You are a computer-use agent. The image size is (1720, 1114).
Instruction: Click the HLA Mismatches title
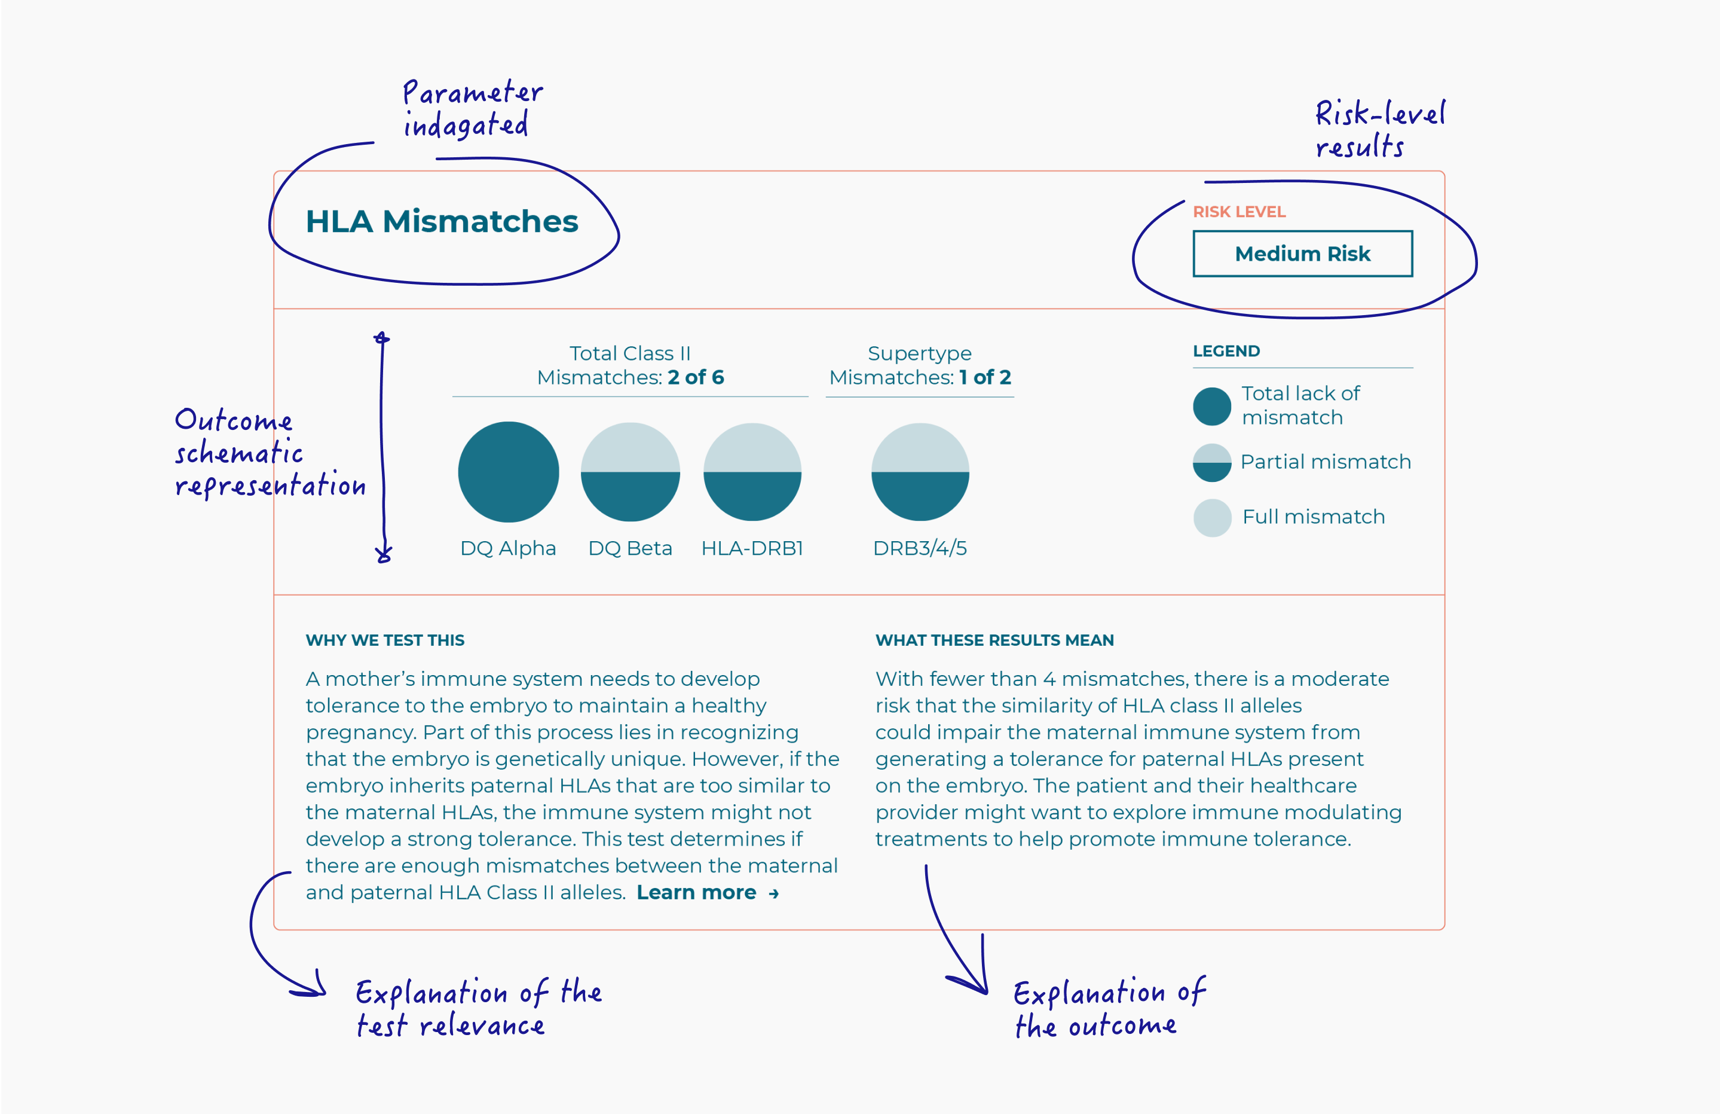[x=442, y=221]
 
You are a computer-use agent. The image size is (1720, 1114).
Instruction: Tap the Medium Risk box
[x=1302, y=254]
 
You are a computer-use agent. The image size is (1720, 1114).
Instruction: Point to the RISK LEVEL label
[x=1239, y=212]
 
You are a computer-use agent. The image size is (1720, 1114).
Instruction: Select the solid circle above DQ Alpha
[x=508, y=472]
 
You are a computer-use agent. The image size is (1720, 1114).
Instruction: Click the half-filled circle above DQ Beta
[x=630, y=472]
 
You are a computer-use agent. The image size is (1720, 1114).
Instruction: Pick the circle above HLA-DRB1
[x=752, y=472]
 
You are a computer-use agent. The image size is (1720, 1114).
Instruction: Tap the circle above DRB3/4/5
[x=920, y=472]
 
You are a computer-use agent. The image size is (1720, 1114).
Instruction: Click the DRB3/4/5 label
[x=920, y=548]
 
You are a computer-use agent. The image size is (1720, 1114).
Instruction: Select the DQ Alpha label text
[x=508, y=548]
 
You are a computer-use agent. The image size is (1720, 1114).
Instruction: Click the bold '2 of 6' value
[x=695, y=377]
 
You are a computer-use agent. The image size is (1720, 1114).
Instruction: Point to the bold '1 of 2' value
[x=984, y=377]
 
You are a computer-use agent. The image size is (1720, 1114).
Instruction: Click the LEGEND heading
[x=1226, y=352]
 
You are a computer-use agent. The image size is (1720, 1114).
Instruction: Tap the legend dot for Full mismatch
[x=1212, y=518]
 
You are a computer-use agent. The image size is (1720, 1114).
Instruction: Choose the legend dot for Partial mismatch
[x=1212, y=463]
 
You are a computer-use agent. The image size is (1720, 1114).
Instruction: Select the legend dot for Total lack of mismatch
[x=1212, y=406]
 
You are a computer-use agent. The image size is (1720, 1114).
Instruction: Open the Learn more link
[x=707, y=893]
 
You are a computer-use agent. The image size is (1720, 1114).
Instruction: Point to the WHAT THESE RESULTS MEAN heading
[x=994, y=640]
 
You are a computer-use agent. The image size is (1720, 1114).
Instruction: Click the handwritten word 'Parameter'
[x=472, y=93]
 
